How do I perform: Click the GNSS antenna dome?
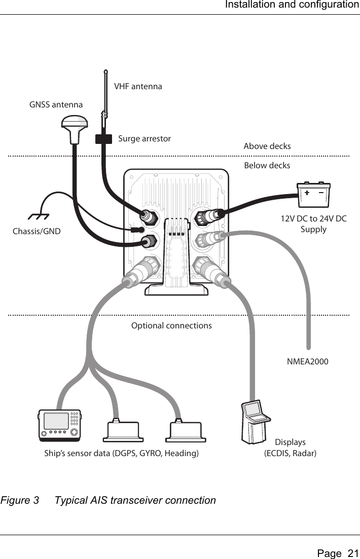75,126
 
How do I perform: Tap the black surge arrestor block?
103,138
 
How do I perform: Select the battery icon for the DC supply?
313,196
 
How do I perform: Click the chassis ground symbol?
39,216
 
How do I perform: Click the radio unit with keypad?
60,425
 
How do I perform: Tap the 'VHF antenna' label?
138,86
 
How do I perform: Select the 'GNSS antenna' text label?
56,105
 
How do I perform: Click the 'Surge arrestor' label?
145,138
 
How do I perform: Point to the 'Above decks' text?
267,146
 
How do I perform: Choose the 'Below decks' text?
267,166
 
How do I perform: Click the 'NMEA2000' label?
307,362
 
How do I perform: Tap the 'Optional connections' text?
171,325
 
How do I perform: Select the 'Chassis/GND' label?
36,232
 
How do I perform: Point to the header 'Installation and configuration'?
292,5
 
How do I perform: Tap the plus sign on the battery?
307,193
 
